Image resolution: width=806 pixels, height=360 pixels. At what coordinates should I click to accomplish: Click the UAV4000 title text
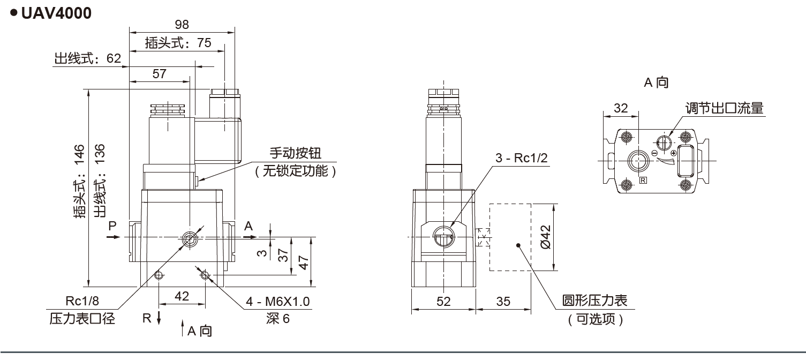click(x=56, y=13)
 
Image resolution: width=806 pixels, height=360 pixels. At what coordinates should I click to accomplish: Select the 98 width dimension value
click(x=182, y=24)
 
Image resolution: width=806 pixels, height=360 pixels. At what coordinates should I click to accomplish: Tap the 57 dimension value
click(x=160, y=74)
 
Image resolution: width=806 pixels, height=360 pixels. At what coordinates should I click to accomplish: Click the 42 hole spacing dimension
click(x=182, y=296)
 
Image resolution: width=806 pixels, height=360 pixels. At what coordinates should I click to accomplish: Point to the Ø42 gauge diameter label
click(x=546, y=237)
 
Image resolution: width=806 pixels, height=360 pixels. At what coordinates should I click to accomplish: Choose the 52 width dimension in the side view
click(x=443, y=302)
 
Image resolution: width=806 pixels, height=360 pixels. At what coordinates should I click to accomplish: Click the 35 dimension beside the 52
click(x=503, y=302)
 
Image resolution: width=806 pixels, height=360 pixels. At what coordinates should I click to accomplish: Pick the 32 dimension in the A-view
click(x=621, y=108)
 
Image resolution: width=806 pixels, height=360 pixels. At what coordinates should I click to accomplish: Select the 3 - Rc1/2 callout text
click(x=522, y=158)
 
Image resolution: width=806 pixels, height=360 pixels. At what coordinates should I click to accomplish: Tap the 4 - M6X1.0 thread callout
click(x=278, y=302)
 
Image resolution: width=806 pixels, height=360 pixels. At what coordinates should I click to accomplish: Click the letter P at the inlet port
click(x=112, y=226)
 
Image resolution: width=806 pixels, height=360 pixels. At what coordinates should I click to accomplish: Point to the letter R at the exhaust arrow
click(x=147, y=318)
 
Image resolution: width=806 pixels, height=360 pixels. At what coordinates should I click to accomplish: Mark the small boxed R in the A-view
click(x=643, y=181)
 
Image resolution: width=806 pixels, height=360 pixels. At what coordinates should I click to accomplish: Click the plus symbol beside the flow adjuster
click(x=673, y=154)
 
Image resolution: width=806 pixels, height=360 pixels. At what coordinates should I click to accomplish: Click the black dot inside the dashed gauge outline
click(x=519, y=245)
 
